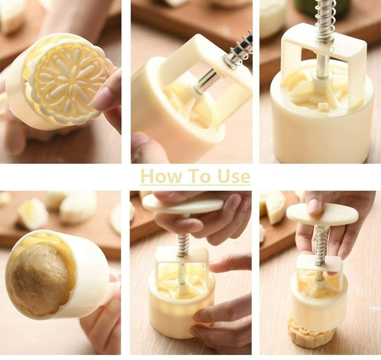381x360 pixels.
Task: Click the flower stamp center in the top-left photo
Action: coord(72,80)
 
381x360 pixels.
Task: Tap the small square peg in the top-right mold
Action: coord(322,106)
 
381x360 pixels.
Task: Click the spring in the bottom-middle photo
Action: coord(182,245)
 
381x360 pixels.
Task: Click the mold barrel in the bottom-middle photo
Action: coord(181,303)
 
